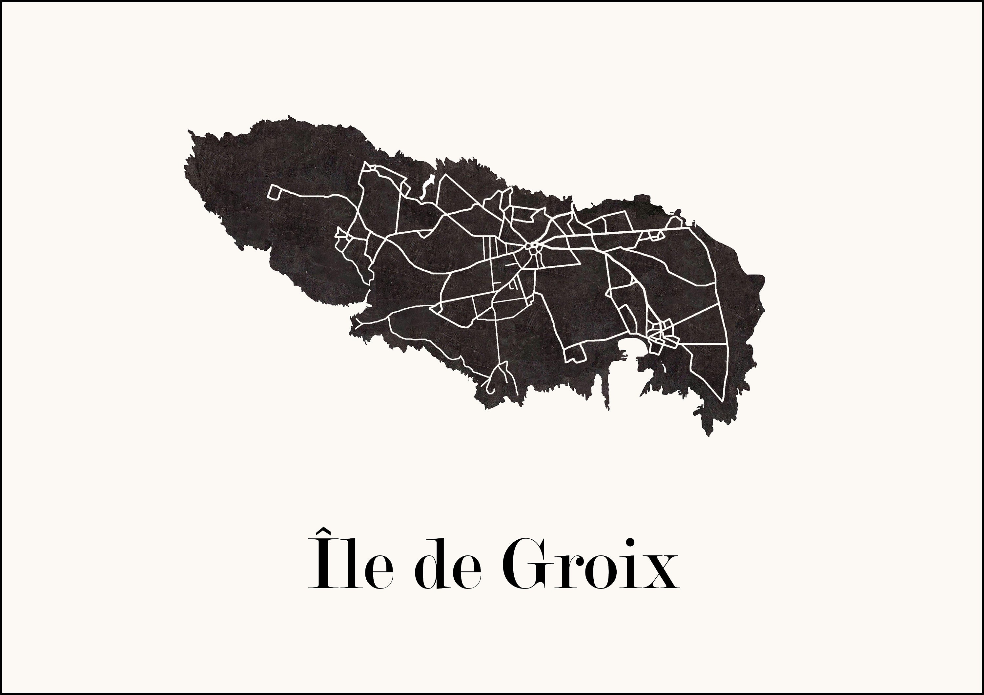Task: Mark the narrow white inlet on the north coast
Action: tap(426, 188)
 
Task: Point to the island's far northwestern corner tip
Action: tap(190, 132)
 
